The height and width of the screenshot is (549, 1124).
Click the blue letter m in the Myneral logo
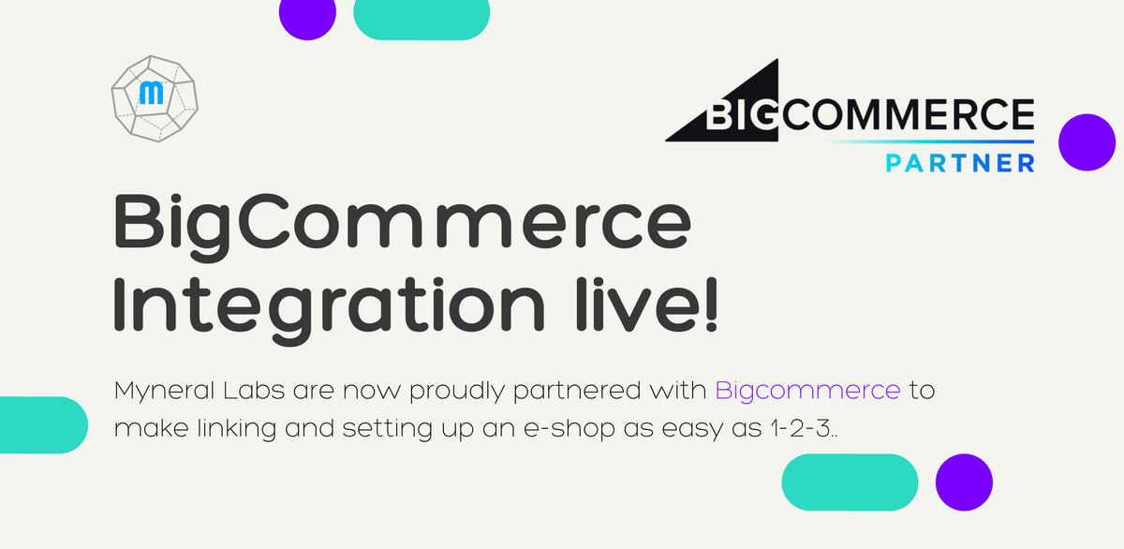[x=151, y=93]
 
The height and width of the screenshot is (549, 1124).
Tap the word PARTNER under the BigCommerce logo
[x=960, y=163]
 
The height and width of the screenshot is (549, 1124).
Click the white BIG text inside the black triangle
[x=743, y=114]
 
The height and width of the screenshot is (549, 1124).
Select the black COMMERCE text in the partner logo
[x=908, y=114]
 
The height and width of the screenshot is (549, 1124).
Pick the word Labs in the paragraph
[x=254, y=390]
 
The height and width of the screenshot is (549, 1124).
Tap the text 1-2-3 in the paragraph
[x=800, y=428]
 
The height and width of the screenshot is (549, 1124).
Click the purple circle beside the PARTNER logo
[x=1087, y=142]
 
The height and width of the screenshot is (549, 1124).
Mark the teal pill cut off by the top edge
[x=421, y=18]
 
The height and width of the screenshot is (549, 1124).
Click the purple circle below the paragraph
[x=964, y=482]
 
